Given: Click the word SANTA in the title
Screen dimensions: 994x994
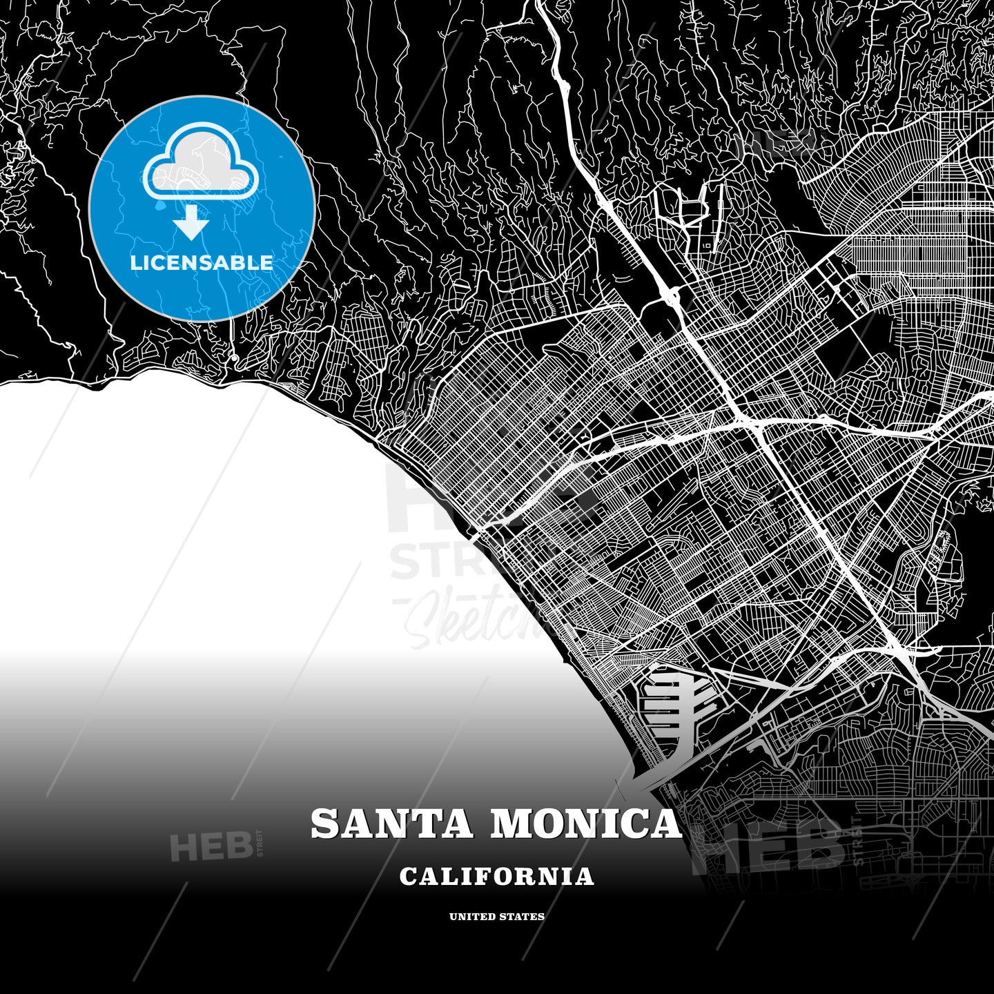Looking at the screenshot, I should coord(391,824).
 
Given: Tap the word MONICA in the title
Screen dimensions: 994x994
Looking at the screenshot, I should coord(585,824).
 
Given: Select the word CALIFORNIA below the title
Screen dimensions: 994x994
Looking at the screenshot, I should coord(496,877).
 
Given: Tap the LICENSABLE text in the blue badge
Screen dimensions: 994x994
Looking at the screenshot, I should coord(202,263).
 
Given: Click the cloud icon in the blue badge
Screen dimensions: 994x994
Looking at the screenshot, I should coord(201,162).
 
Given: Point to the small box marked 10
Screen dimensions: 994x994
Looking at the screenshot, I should coord(706,245).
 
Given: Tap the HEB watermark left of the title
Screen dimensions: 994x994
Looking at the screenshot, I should coord(211,847).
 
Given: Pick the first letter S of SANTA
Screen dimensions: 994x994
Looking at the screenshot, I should coord(324,824).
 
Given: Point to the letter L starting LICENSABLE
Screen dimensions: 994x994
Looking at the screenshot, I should coord(135,263).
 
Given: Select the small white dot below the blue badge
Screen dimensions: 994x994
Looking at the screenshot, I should coord(235,357).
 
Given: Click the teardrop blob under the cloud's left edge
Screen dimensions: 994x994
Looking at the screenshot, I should coord(160,206).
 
